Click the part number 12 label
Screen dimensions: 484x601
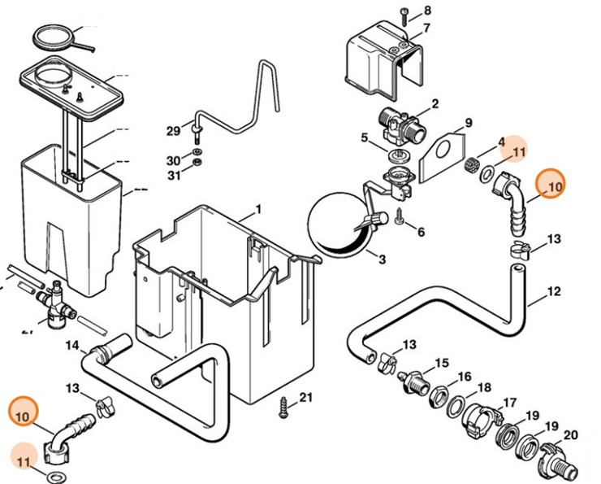[x=554, y=290]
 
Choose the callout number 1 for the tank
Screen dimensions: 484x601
[x=258, y=209]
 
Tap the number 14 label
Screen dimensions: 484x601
[x=72, y=345]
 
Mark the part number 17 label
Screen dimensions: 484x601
[x=510, y=403]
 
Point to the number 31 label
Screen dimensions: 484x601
[x=173, y=175]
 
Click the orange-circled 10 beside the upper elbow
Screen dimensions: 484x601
[x=554, y=186]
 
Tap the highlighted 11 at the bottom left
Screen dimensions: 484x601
[x=24, y=463]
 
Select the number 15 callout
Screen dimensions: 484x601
[x=442, y=362]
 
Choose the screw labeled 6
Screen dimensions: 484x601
[x=400, y=217]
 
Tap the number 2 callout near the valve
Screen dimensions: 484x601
[x=435, y=103]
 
